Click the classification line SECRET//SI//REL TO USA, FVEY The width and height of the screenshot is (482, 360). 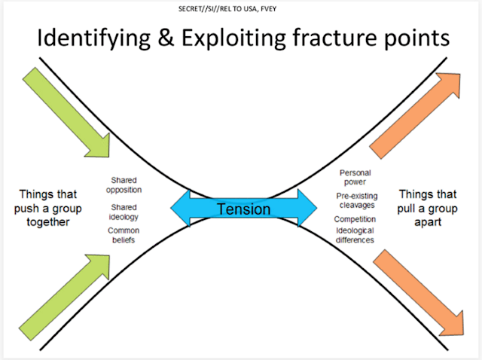[241, 11]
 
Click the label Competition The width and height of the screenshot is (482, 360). [355, 219]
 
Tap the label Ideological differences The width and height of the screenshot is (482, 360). [355, 235]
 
